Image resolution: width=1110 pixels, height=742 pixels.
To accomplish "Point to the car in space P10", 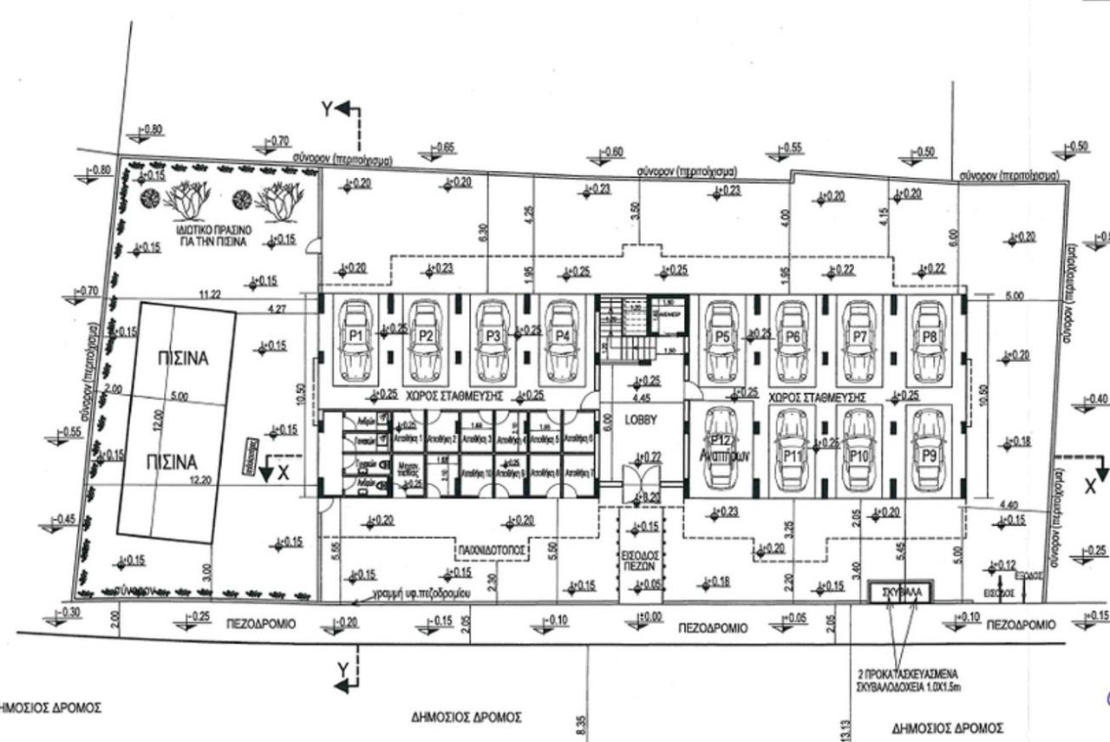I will (858, 449).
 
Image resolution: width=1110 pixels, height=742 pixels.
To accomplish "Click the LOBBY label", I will (642, 419).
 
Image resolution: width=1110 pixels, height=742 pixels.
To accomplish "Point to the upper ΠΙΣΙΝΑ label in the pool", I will (184, 358).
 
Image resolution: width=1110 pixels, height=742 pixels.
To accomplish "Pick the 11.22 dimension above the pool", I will (210, 295).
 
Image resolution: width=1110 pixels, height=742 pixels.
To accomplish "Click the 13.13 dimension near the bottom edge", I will (846, 729).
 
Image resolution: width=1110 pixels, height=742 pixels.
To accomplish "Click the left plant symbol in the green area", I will (189, 201).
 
